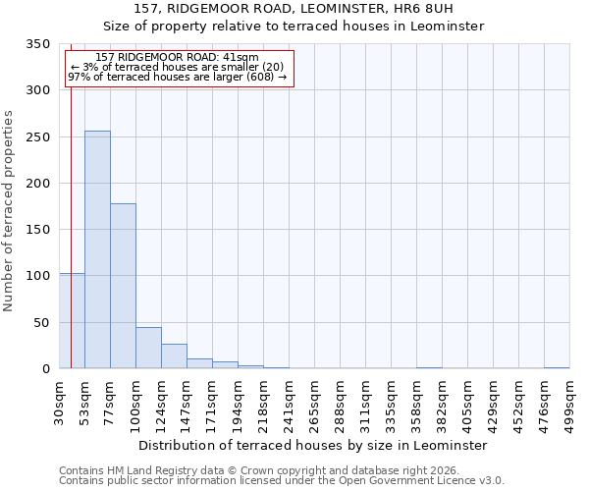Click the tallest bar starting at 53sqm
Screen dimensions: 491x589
pyautogui.click(x=97, y=249)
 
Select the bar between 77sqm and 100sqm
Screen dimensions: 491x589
pyautogui.click(x=123, y=286)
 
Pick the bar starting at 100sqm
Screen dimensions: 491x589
pyautogui.click(x=148, y=348)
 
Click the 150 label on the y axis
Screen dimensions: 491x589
pyautogui.click(x=38, y=230)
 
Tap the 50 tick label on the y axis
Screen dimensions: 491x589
pyautogui.click(x=42, y=323)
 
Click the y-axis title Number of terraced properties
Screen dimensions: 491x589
pyautogui.click(x=9, y=211)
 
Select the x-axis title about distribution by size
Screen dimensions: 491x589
pyautogui.click(x=312, y=445)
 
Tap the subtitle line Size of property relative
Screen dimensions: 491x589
pyautogui.click(x=294, y=27)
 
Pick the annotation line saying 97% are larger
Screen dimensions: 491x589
pyautogui.click(x=177, y=77)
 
